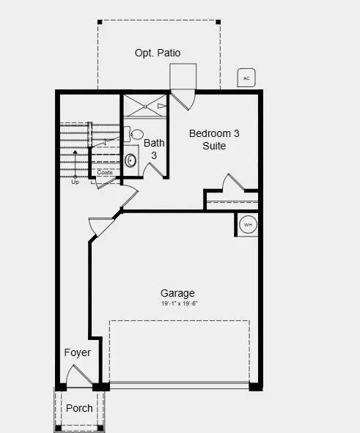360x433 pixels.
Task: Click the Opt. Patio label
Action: pyautogui.click(x=158, y=53)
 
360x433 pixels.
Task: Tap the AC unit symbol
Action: pyautogui.click(x=246, y=78)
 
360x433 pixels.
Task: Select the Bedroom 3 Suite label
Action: pyautogui.click(x=214, y=139)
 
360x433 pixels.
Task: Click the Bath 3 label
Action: pyautogui.click(x=154, y=149)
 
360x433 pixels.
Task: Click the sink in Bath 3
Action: pyautogui.click(x=131, y=159)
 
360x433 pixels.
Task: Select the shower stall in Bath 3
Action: pyautogui.click(x=144, y=106)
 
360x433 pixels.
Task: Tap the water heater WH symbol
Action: pyautogui.click(x=248, y=225)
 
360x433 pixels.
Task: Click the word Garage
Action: pyautogui.click(x=178, y=293)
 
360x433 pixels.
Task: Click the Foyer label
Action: pyautogui.click(x=77, y=352)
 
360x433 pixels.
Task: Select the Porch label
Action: pyautogui.click(x=79, y=408)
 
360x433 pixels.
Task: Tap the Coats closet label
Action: pyautogui.click(x=105, y=173)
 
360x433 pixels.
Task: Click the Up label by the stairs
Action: pyautogui.click(x=75, y=182)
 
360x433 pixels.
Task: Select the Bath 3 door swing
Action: pyautogui.click(x=155, y=169)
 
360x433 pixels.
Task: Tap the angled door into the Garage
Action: pyautogui.click(x=101, y=226)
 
